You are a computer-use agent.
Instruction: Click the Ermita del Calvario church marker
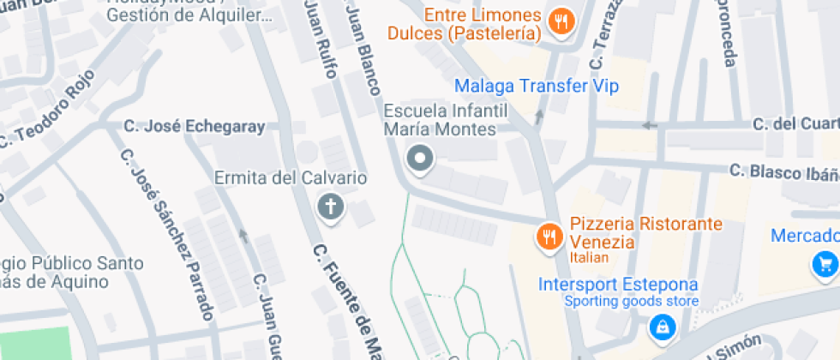pos(329,206)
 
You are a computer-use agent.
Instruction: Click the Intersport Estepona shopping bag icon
pos(662,326)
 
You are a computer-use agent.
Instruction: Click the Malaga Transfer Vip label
pos(536,86)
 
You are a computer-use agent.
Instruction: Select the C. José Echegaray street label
pos(194,127)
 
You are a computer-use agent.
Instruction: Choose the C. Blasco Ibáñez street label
pos(783,171)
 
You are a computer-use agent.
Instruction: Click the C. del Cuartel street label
pos(795,123)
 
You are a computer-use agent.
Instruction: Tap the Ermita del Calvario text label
pos(291,178)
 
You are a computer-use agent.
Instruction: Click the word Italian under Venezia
pos(588,257)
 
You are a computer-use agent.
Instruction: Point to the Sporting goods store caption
pos(631,301)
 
